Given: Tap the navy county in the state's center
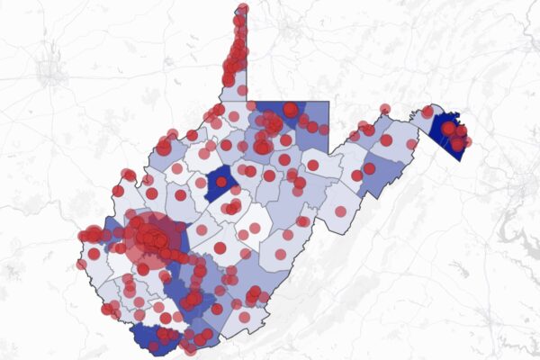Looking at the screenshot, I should (220, 183).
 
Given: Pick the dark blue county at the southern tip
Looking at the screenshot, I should (149, 337).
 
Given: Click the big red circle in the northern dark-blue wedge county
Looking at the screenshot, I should (290, 110).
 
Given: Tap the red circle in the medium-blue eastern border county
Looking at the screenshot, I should (357, 175).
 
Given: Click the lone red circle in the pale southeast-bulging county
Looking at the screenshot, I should (340, 211).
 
